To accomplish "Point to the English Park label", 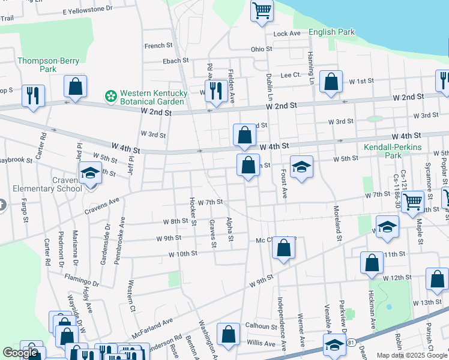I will (x=331, y=32).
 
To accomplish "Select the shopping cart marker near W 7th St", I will (x=412, y=203).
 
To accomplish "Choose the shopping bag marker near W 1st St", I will (x=331, y=82).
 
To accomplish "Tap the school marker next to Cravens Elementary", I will (x=91, y=173).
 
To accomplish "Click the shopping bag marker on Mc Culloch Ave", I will (x=284, y=248).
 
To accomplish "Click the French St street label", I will (x=158, y=46).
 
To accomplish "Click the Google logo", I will (x=20, y=353).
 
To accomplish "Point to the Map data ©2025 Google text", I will (x=411, y=355).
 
